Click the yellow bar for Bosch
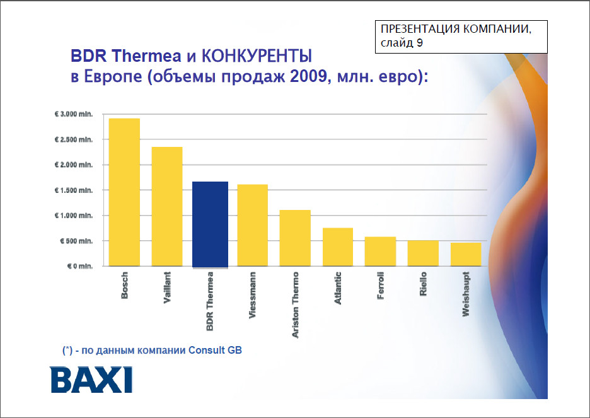click(124, 192)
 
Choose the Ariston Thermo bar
click(295, 238)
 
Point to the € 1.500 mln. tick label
click(75, 190)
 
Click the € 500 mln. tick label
click(76, 241)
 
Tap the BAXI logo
click(91, 380)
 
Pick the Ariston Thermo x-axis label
click(296, 305)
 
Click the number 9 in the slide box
click(420, 44)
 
